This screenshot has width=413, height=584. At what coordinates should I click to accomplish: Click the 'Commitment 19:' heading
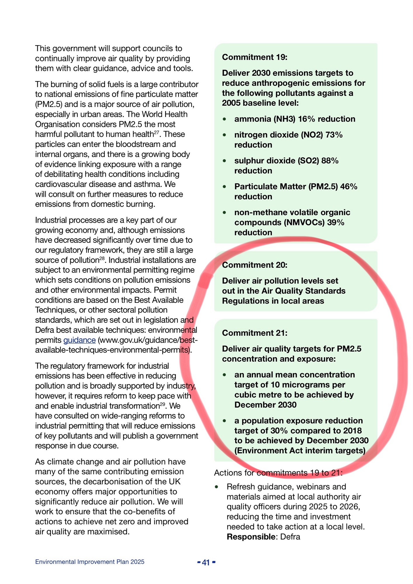254,57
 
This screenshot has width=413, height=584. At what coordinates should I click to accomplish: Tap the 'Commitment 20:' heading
254,265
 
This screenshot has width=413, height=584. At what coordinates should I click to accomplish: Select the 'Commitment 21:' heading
254,333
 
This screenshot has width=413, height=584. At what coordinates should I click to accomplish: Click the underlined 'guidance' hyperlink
79,340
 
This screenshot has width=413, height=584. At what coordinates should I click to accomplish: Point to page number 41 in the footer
206,562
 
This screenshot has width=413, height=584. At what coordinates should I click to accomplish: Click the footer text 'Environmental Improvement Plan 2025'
90,562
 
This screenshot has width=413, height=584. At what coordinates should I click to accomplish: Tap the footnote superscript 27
157,132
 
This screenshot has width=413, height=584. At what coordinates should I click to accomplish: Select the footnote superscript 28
102,258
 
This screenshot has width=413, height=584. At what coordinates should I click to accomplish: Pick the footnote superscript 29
163,404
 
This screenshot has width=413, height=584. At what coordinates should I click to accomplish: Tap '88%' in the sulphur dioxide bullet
330,161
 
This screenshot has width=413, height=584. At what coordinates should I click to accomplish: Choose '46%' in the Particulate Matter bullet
348,187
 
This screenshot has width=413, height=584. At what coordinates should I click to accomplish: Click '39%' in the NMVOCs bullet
336,223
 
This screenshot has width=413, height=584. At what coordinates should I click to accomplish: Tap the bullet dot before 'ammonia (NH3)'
224,119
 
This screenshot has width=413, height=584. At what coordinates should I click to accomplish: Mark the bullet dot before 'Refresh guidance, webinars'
216,487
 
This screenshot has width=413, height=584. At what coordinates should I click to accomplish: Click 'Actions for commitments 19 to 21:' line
278,473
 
